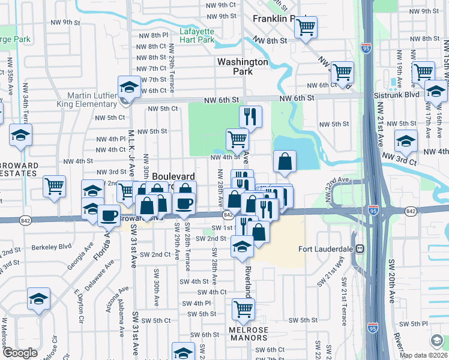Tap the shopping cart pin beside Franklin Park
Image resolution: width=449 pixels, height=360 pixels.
pos(306,28)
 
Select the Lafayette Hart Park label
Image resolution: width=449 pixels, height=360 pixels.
pos(197,35)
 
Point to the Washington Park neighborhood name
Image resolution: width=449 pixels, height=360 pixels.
pos(243,66)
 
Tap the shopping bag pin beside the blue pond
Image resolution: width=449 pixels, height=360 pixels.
pos(285,161)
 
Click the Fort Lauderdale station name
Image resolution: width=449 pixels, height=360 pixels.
pos(327,248)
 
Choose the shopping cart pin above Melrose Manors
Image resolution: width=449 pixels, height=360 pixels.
pos(244,310)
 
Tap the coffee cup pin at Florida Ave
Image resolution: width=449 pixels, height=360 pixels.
pos(109,215)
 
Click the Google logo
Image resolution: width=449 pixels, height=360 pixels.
pos(20,353)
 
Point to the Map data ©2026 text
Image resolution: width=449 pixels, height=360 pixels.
pos(423,355)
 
